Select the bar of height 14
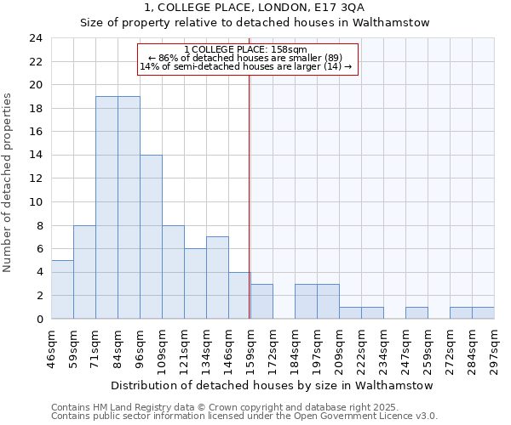[x=151, y=237]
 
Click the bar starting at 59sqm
[x=84, y=272]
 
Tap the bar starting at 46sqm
[x=62, y=289]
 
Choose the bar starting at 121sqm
[x=195, y=284]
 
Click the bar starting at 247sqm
[x=416, y=313]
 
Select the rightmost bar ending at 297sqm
[x=483, y=313]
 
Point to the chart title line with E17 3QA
[x=255, y=7]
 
